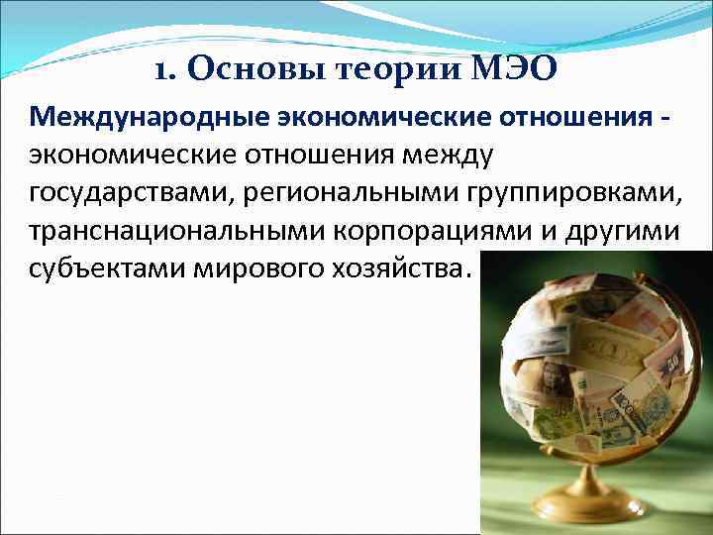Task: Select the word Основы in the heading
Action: coord(232,71)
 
